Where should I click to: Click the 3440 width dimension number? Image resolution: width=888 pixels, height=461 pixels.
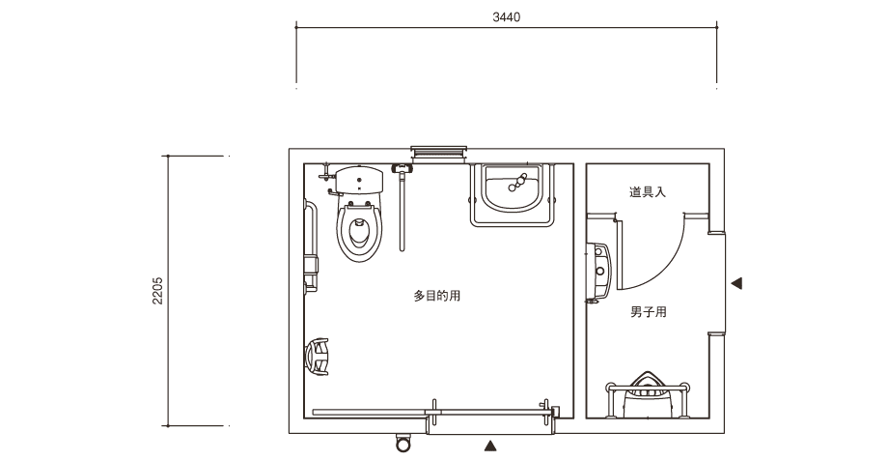point(507,17)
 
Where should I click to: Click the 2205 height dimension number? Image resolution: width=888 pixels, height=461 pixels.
point(157,291)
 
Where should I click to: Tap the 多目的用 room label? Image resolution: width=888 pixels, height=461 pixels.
point(436,296)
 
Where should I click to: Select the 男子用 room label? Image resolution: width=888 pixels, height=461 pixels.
point(649,312)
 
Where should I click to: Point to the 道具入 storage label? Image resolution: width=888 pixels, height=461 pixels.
point(648,191)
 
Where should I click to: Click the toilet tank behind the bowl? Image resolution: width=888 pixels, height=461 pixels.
point(359,179)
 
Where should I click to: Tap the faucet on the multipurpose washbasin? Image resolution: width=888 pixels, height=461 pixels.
point(517,183)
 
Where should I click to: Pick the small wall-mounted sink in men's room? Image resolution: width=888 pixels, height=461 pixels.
point(598,271)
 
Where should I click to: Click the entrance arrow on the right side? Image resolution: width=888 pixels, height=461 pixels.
point(736,283)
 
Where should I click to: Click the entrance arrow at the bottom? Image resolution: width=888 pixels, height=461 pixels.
point(490,446)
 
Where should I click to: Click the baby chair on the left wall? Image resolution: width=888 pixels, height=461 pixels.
point(317,357)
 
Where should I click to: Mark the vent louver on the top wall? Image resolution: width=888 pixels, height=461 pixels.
point(439,153)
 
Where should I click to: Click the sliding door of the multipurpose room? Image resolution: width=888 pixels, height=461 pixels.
point(432,413)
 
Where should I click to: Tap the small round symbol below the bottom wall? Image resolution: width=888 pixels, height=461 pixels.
point(402,443)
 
